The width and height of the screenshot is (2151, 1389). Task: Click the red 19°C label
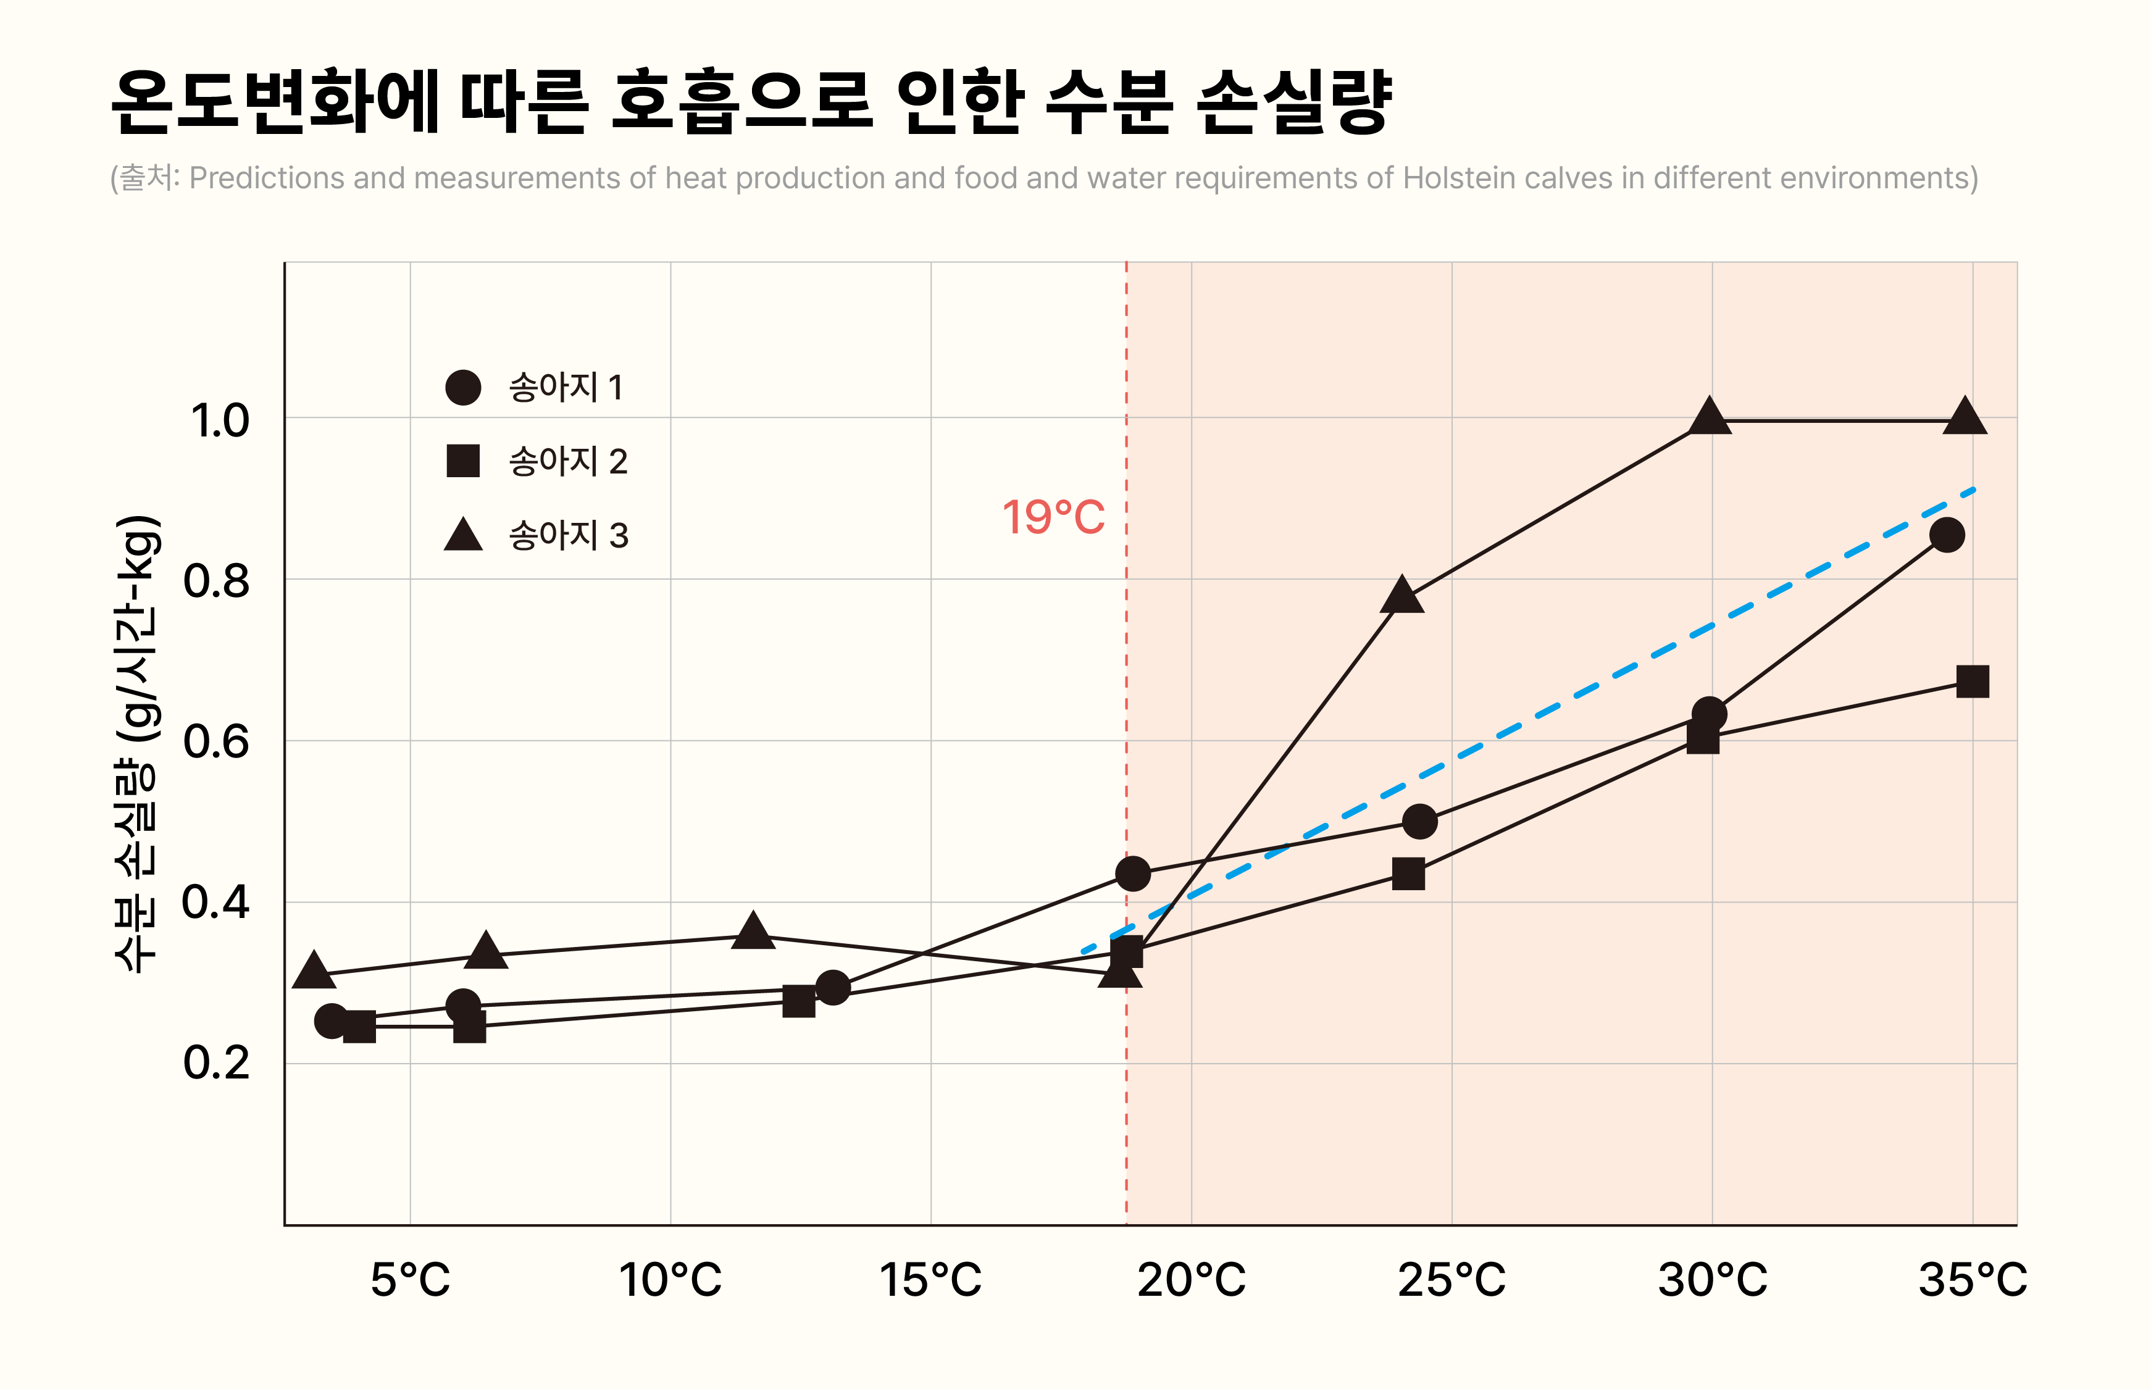pyautogui.click(x=1053, y=518)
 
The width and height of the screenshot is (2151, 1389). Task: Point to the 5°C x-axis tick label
pyautogui.click(x=411, y=1279)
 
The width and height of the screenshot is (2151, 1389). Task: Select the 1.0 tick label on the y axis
pyautogui.click(x=219, y=420)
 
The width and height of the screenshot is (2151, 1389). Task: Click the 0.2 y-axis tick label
pyautogui.click(x=217, y=1062)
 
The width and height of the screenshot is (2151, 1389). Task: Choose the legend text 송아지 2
pyautogui.click(x=568, y=462)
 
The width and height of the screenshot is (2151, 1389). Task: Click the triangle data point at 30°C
pyautogui.click(x=1709, y=417)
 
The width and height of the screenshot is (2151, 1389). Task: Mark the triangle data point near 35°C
pyautogui.click(x=1965, y=417)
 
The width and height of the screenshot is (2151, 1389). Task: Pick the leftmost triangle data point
pyautogui.click(x=314, y=970)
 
